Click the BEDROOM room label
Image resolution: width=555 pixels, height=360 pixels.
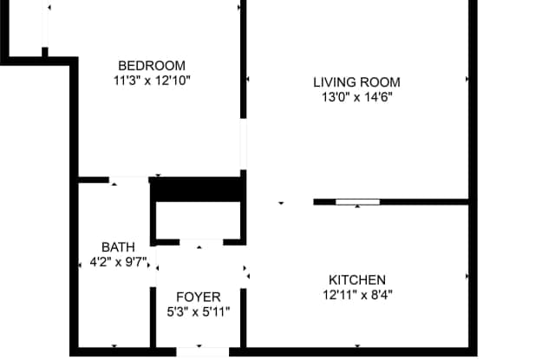tap(152, 66)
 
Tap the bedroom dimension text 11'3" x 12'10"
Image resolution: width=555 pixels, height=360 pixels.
tap(152, 81)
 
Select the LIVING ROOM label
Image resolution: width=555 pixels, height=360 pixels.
tap(356, 82)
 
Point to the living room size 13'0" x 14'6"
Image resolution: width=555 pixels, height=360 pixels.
tap(356, 97)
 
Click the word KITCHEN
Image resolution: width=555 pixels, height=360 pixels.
tap(357, 280)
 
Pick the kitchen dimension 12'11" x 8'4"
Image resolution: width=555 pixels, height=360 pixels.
tap(357, 295)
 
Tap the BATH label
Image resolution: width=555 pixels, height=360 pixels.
tap(118, 247)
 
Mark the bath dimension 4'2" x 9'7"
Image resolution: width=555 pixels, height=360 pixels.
tap(118, 262)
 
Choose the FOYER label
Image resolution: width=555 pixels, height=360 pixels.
tap(199, 297)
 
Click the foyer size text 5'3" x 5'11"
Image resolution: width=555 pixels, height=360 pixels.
tap(199, 312)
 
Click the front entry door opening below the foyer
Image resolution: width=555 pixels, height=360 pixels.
tap(202, 352)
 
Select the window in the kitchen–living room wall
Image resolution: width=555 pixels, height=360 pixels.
tap(357, 202)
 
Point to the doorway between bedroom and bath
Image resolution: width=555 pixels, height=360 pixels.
tap(128, 180)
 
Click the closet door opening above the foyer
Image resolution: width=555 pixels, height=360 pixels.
tap(201, 242)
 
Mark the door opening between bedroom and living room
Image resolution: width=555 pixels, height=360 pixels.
tap(243, 144)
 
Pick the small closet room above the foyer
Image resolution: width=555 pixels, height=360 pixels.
tap(199, 220)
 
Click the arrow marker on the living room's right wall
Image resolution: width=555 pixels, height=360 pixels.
tap(467, 79)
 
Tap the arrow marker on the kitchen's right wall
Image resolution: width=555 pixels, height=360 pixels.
tap(467, 276)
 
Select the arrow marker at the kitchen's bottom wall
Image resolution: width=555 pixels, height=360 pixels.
tap(357, 346)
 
